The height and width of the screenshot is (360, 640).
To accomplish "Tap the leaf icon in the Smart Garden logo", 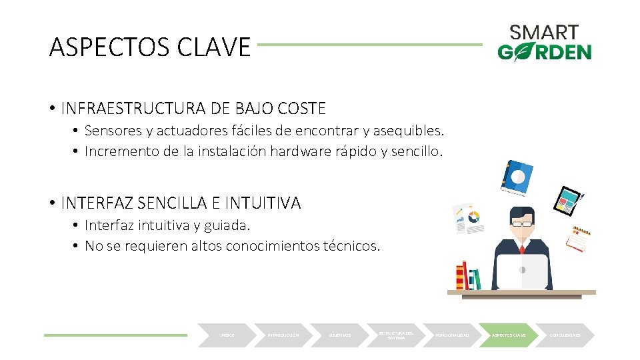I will point(522,51).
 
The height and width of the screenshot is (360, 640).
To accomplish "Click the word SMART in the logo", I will point(544,32).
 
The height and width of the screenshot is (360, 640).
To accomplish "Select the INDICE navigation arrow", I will point(227,335).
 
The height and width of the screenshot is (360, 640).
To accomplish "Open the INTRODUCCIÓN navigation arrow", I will point(283,335).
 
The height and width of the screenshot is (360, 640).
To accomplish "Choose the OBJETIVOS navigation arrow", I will point(340,335).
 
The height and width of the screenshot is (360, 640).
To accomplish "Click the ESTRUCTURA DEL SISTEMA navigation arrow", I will point(396,335).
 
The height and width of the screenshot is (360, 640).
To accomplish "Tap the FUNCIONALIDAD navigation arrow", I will point(453,335).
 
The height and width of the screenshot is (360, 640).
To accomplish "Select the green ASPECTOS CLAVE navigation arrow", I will point(509,335).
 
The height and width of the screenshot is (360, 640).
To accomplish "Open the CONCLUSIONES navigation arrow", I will point(565,335).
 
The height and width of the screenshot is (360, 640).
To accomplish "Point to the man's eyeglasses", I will point(522,225).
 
